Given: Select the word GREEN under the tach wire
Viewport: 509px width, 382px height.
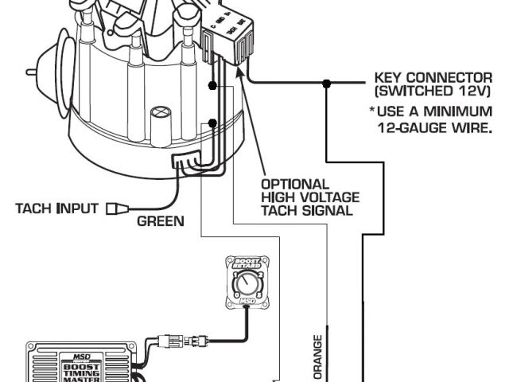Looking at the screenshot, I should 160,221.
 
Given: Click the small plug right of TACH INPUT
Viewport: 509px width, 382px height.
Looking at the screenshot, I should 119,209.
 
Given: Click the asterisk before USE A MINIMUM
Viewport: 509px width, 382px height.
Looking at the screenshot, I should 372,111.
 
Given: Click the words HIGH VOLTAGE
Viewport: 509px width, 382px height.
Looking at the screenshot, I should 310,197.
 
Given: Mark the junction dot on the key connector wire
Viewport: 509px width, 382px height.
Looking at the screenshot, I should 326,83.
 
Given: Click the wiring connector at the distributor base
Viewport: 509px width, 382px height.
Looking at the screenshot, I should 185,163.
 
